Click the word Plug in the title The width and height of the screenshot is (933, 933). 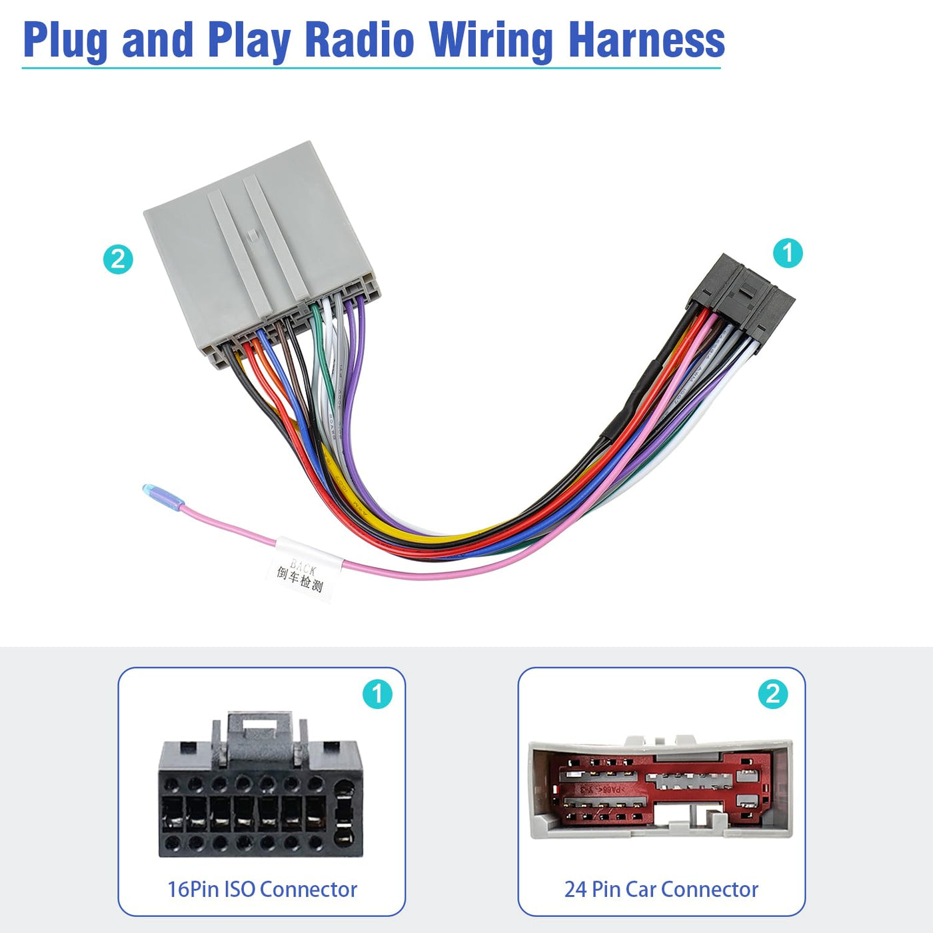click(65, 40)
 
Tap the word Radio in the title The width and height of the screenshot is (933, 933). click(359, 40)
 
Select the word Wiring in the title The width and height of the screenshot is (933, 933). click(491, 40)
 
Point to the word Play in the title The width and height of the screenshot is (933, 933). click(249, 40)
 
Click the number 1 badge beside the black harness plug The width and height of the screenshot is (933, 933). click(788, 253)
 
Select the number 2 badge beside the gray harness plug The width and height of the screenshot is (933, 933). click(118, 259)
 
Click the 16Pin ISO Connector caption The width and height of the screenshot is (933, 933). click(262, 889)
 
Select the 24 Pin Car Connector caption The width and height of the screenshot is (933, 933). click(661, 889)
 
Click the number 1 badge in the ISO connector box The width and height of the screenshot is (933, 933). click(377, 694)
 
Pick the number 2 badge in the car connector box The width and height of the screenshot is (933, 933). click(772, 694)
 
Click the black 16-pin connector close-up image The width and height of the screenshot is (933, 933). click(261, 793)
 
